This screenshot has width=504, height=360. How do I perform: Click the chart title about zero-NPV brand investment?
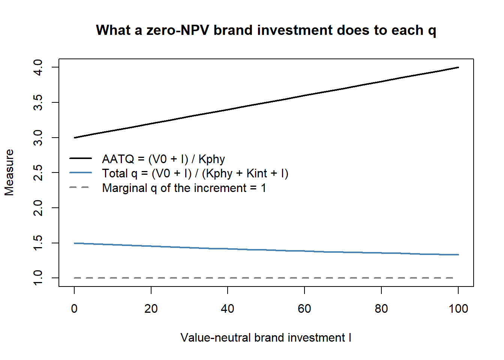(x=266, y=30)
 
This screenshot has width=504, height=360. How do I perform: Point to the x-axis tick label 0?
(x=74, y=309)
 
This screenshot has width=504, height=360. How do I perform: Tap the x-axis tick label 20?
(x=151, y=309)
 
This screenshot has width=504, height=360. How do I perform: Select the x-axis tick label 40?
(x=228, y=309)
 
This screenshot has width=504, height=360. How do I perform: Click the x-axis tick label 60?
(x=304, y=309)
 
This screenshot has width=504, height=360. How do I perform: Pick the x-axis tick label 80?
(x=381, y=309)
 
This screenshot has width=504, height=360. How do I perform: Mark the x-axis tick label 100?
(x=458, y=309)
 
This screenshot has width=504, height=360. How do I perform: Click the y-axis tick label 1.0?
(x=38, y=278)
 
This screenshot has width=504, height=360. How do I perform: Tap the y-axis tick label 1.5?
(x=38, y=243)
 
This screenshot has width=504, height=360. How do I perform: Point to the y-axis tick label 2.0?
(x=38, y=208)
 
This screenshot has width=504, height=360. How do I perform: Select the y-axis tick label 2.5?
(x=38, y=172)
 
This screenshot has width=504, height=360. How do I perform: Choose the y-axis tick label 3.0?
(x=38, y=138)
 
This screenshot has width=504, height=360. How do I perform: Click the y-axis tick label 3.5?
(x=38, y=102)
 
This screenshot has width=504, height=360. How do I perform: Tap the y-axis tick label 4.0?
(x=38, y=67)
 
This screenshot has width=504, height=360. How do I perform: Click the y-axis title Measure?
(x=9, y=172)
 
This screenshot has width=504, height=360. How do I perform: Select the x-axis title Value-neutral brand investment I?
(x=266, y=338)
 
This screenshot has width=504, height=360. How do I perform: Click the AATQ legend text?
(x=163, y=159)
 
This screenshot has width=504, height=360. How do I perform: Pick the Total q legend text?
(x=195, y=174)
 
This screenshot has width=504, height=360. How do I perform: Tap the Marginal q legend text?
(x=184, y=188)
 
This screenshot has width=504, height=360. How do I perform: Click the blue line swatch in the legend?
(x=81, y=172)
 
